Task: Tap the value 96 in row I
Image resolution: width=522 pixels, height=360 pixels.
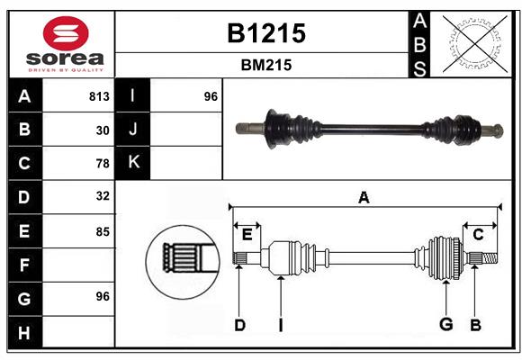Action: [211, 96]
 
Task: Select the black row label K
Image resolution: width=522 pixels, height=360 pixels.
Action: [133, 162]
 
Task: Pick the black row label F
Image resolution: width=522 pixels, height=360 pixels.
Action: [24, 265]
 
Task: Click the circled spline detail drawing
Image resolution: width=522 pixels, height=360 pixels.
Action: [183, 261]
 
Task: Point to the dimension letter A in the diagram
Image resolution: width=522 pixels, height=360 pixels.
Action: [364, 196]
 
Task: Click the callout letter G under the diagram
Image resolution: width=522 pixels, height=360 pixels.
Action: [445, 325]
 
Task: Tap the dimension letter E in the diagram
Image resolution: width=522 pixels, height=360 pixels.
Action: [247, 235]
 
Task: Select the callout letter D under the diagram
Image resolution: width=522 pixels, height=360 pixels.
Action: [239, 325]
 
